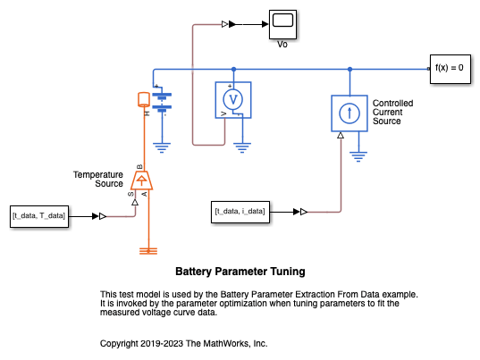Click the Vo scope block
pyautogui.click(x=282, y=24)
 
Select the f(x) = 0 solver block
pyautogui.click(x=451, y=69)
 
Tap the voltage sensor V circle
pyautogui.click(x=233, y=100)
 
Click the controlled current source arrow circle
pyautogui.click(x=349, y=113)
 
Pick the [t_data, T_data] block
pyautogui.click(x=39, y=216)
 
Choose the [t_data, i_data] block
pyautogui.click(x=240, y=212)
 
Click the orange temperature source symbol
pyautogui.click(x=141, y=180)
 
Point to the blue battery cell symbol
pyautogui.click(x=162, y=101)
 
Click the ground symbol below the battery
pyautogui.click(x=162, y=147)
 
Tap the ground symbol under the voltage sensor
pyautogui.click(x=242, y=147)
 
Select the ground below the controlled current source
pyautogui.click(x=358, y=156)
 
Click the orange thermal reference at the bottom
pyautogui.click(x=148, y=251)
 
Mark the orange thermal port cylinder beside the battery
pyautogui.click(x=144, y=99)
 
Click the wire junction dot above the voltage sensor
pyautogui.click(x=233, y=70)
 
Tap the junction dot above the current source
pyautogui.click(x=349, y=70)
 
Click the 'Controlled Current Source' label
pyautogui.click(x=392, y=113)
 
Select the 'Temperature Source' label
pyautogui.click(x=98, y=180)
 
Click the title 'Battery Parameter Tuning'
pyautogui.click(x=240, y=272)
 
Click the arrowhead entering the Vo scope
pyautogui.click(x=265, y=24)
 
